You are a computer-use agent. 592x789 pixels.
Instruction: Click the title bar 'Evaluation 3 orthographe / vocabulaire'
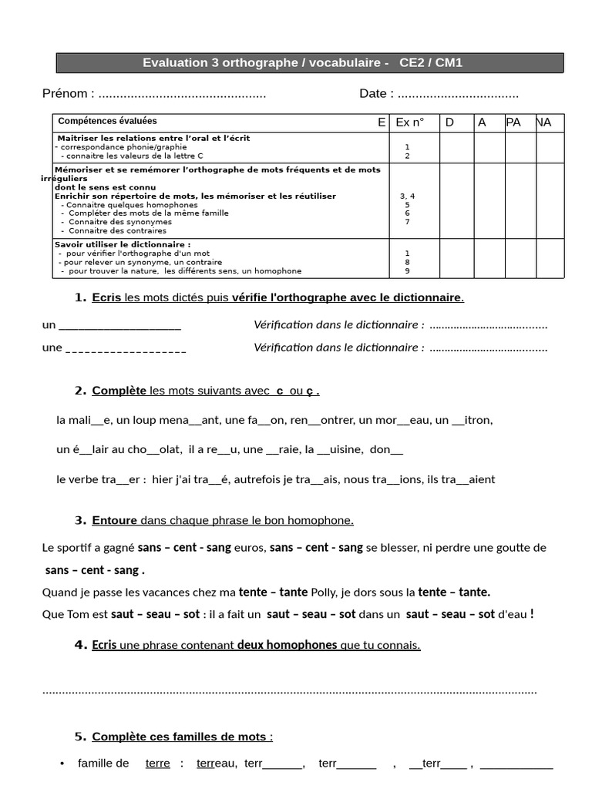[302, 63]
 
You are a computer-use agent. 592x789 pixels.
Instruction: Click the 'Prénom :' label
[69, 94]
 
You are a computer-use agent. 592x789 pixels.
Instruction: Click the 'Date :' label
[376, 94]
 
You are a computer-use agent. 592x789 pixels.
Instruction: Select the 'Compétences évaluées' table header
[107, 121]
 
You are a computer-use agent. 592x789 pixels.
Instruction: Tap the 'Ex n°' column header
[409, 123]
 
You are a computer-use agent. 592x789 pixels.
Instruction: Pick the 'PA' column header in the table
[513, 123]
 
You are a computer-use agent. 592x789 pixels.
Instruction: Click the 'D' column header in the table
[449, 123]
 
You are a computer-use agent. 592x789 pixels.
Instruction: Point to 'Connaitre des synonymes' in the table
[119, 222]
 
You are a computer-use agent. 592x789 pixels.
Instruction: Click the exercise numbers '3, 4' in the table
[407, 196]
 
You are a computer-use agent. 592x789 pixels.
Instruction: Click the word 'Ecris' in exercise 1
[106, 298]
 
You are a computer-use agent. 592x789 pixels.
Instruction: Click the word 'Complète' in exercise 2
[119, 391]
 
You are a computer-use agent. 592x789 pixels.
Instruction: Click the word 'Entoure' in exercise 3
[114, 521]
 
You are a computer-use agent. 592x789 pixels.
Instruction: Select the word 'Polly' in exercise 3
[324, 593]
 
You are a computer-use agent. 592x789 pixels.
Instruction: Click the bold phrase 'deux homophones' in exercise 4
[287, 646]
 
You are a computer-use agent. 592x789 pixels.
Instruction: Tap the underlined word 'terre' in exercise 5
[157, 764]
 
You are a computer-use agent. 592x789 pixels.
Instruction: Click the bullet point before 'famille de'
[62, 764]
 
